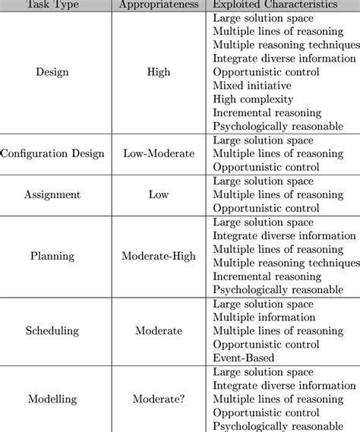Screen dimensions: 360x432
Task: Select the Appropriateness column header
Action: pos(159,4)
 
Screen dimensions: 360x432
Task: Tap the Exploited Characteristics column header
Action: pos(276,4)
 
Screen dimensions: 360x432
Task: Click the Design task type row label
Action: pos(52,72)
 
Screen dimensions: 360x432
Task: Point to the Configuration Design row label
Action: pos(52,153)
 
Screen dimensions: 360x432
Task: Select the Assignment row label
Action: pos(52,194)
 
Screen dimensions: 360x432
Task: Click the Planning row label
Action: pos(52,256)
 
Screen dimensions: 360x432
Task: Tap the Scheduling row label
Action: pos(52,330)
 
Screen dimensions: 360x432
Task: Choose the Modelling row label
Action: pos(52,399)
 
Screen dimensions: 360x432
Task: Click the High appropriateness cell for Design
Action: pos(159,72)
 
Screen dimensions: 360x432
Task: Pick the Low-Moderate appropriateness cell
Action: pos(159,153)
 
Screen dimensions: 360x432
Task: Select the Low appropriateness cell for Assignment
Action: pos(159,194)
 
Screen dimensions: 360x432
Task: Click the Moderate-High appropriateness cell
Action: pos(159,256)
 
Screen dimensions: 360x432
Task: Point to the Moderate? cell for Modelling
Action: pos(159,399)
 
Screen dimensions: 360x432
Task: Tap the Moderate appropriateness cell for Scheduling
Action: pos(159,330)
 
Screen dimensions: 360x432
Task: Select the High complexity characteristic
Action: pos(252,99)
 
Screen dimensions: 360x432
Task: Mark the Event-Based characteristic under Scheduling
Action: pos(245,358)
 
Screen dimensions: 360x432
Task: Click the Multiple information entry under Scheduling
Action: pos(264,317)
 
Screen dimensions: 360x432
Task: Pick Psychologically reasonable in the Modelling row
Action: pos(278,426)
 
